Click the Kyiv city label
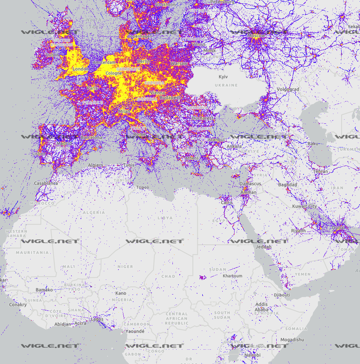tap(223, 77)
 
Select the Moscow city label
tap(256, 36)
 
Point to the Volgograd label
tap(288, 89)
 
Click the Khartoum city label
tap(233, 276)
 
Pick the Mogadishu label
tap(292, 339)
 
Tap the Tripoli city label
tap(143, 187)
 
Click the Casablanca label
tap(46, 183)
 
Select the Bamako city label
tap(44, 290)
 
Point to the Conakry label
tap(18, 305)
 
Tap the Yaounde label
tap(135, 331)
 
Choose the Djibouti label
tap(282, 295)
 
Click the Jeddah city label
tap(264, 247)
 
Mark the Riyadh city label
tap(298, 231)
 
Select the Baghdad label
tap(287, 185)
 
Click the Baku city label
tap(313, 144)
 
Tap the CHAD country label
tap(168, 277)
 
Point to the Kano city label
tap(121, 293)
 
